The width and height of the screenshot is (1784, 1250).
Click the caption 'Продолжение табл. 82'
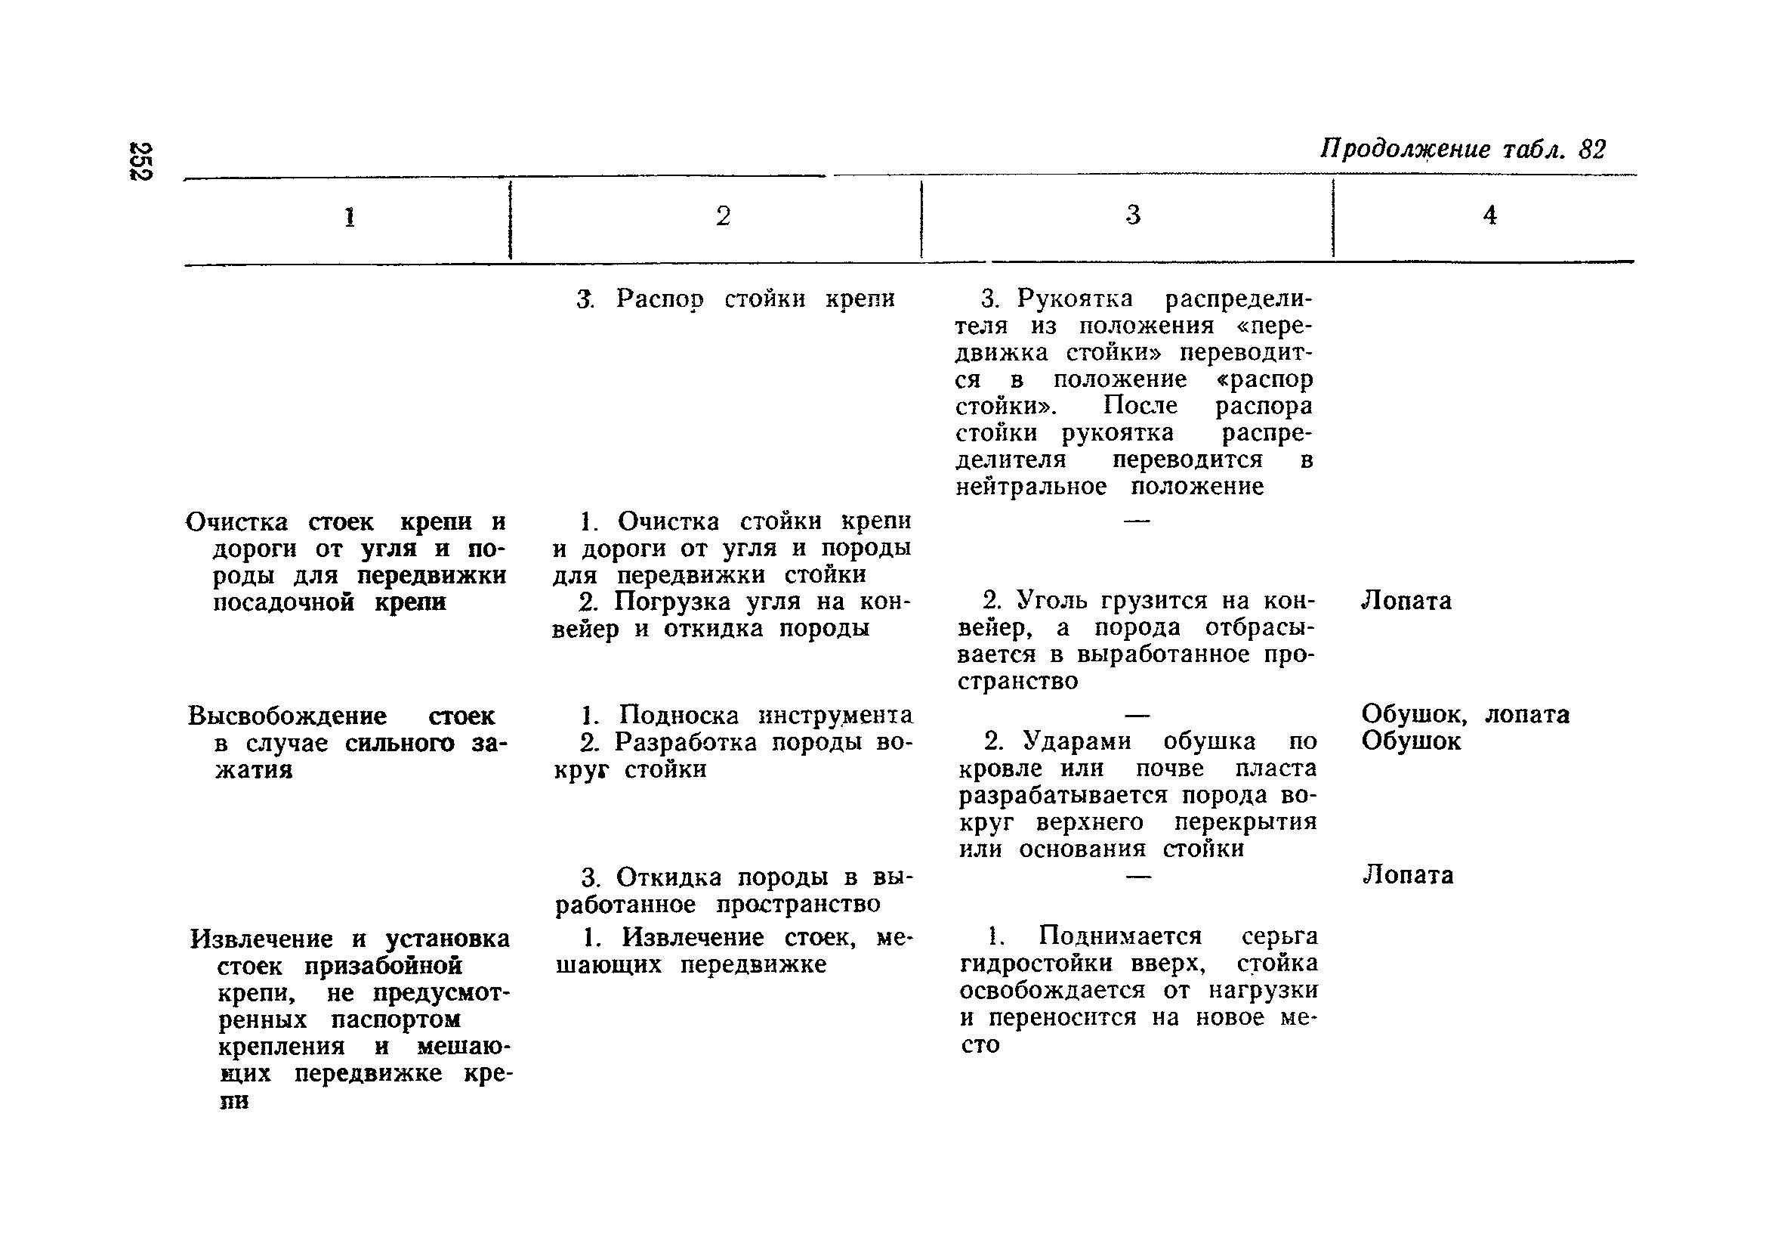pos(1462,148)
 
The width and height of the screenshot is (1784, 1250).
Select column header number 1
pos(350,217)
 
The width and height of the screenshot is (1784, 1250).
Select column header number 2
pos(723,216)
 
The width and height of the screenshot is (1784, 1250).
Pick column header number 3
pos(1133,215)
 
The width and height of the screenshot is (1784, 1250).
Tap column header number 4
pos(1489,215)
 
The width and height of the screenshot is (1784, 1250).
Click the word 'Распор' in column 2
pos(659,299)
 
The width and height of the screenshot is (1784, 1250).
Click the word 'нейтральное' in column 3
pos(1031,487)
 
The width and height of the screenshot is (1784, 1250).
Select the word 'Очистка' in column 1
pos(236,521)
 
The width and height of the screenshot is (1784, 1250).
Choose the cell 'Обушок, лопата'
pos(1465,713)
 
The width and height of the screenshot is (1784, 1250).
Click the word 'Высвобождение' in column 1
pos(287,715)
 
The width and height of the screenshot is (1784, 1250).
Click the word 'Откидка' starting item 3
pos(668,877)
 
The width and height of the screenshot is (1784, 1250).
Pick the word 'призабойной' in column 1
pos(383,967)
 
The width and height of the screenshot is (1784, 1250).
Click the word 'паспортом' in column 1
pos(396,1019)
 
